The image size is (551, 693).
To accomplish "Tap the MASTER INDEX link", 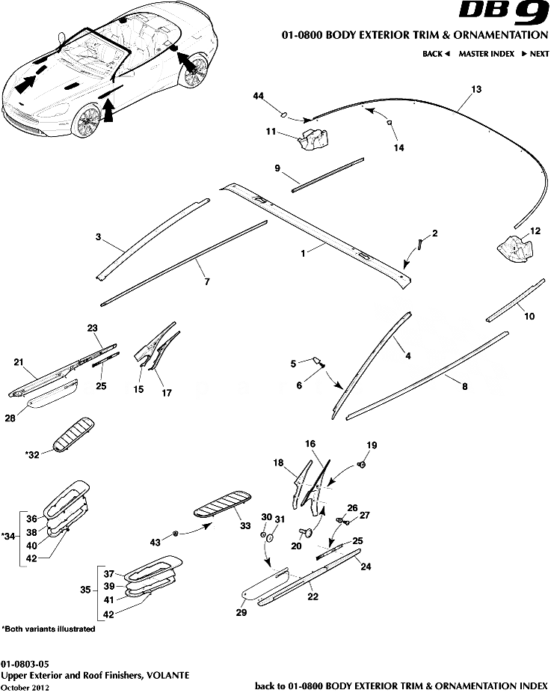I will [486, 54].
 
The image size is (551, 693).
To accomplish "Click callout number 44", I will [259, 97].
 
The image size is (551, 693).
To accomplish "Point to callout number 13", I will [475, 88].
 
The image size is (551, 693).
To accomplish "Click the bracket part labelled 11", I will [313, 138].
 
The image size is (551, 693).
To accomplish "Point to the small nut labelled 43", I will [174, 533].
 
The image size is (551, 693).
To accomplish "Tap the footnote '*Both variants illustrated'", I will [49, 629].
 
